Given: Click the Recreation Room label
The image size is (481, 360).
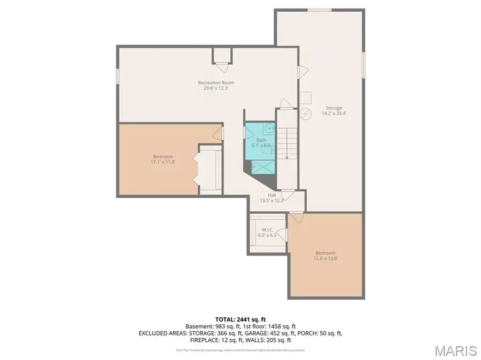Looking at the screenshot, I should click(216, 83).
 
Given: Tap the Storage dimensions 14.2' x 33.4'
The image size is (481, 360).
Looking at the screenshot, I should click(331, 114).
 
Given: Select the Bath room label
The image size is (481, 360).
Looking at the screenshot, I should click(261, 140).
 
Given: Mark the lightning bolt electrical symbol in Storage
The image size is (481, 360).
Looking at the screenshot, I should click(305, 114).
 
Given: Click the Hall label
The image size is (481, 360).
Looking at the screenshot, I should click(271, 195).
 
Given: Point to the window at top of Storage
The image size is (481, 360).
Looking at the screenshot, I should click(320, 10).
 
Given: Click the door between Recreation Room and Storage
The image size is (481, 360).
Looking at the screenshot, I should click(302, 71).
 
